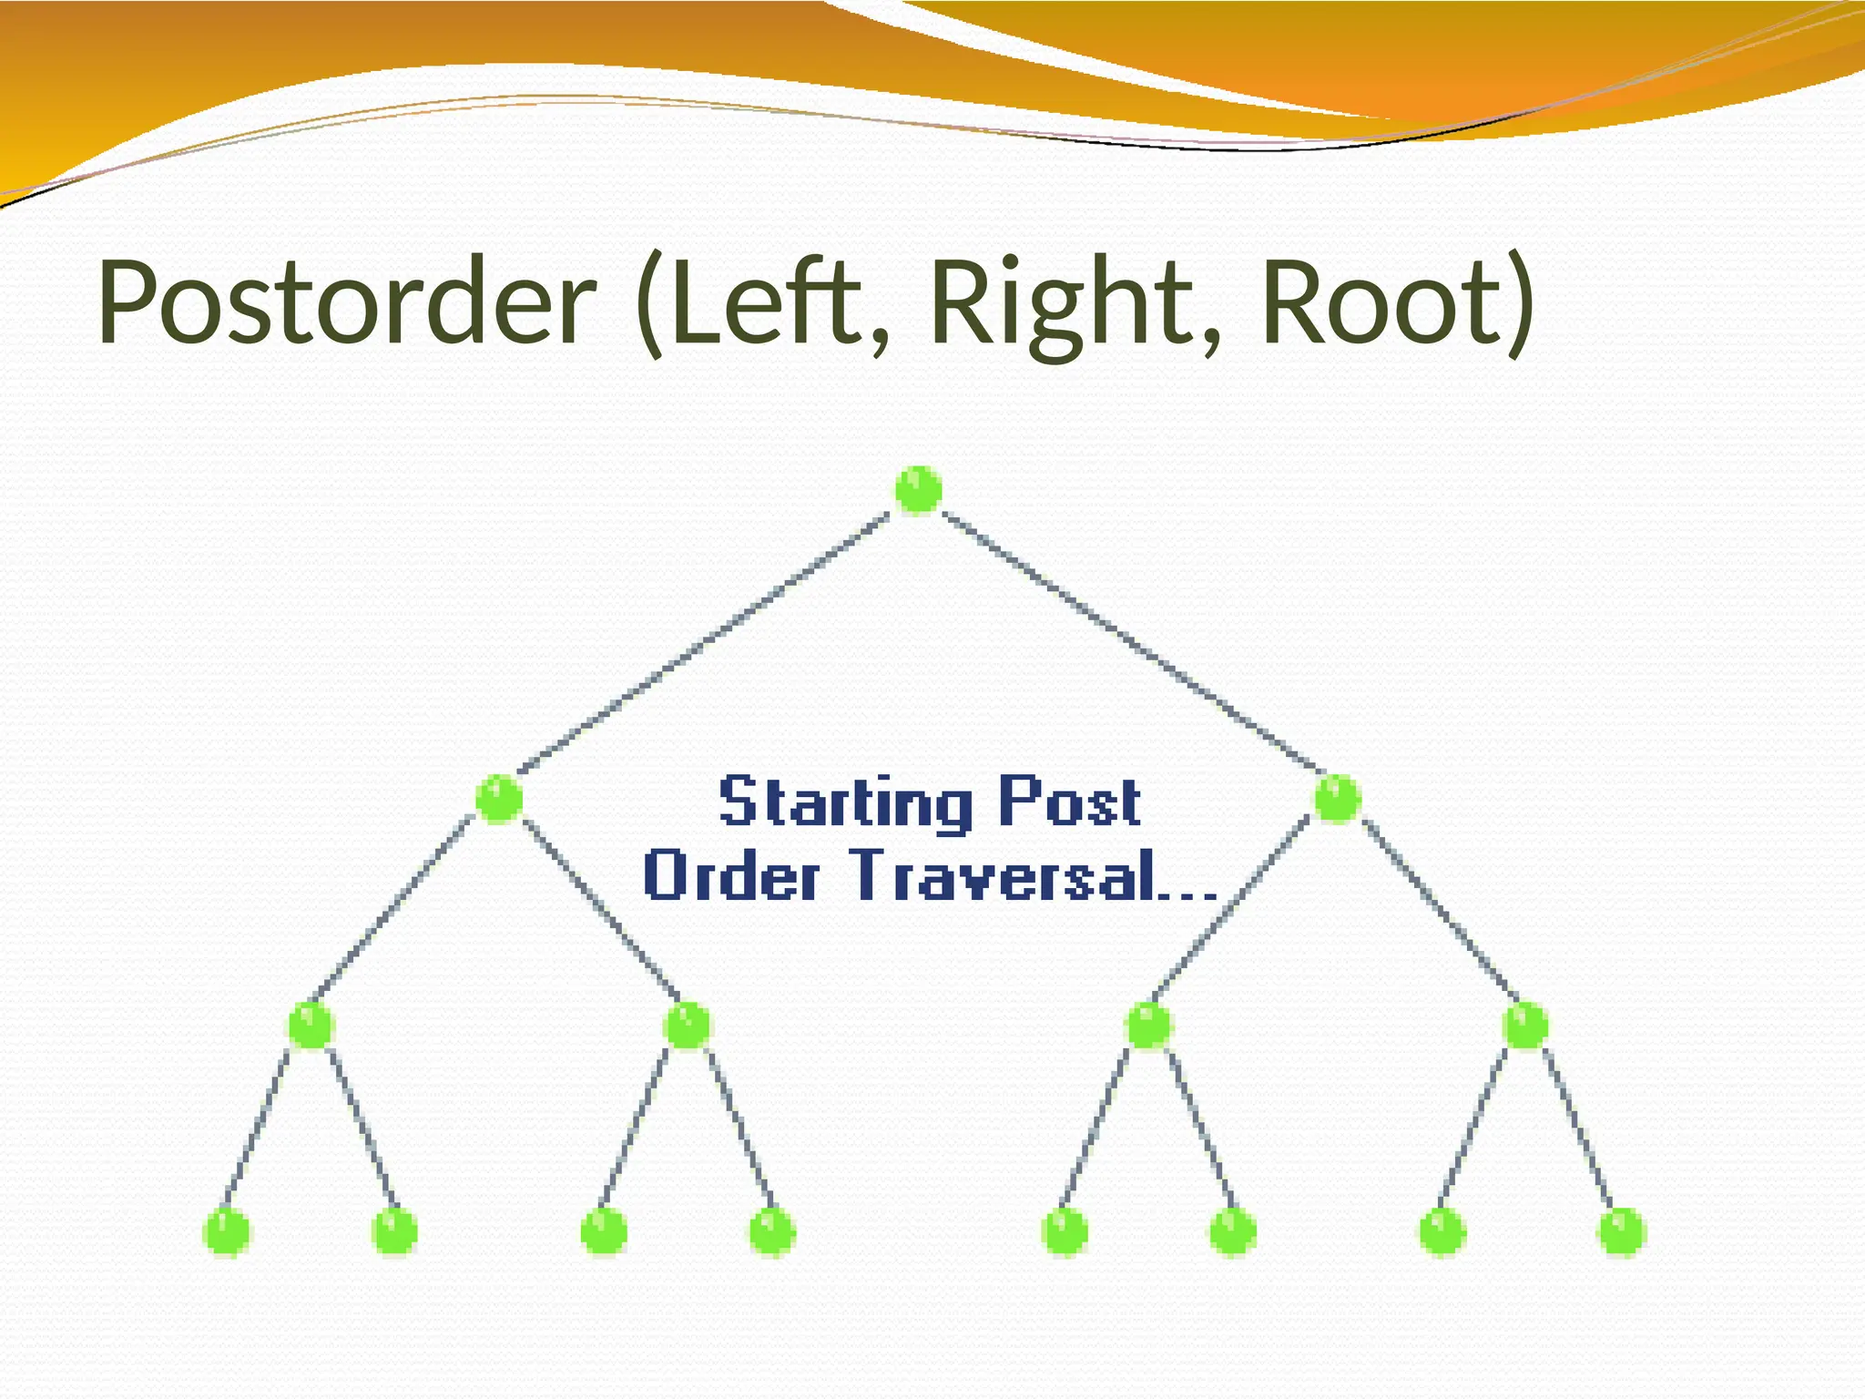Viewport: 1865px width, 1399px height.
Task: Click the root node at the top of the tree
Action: (918, 490)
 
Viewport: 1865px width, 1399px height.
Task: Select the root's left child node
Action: (499, 799)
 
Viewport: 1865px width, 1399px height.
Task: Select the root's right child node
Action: (1337, 799)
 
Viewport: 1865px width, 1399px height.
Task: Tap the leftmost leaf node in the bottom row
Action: (226, 1231)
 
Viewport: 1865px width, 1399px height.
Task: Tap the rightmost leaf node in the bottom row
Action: (1622, 1231)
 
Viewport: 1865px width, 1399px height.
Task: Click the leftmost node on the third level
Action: (311, 1026)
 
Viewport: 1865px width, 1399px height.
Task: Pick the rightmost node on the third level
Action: (1525, 1026)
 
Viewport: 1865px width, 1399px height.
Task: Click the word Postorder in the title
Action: (346, 302)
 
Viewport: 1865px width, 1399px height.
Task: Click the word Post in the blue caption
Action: (1069, 802)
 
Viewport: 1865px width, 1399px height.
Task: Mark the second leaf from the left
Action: (394, 1231)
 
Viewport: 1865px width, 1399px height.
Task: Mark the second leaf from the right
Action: (1442, 1231)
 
